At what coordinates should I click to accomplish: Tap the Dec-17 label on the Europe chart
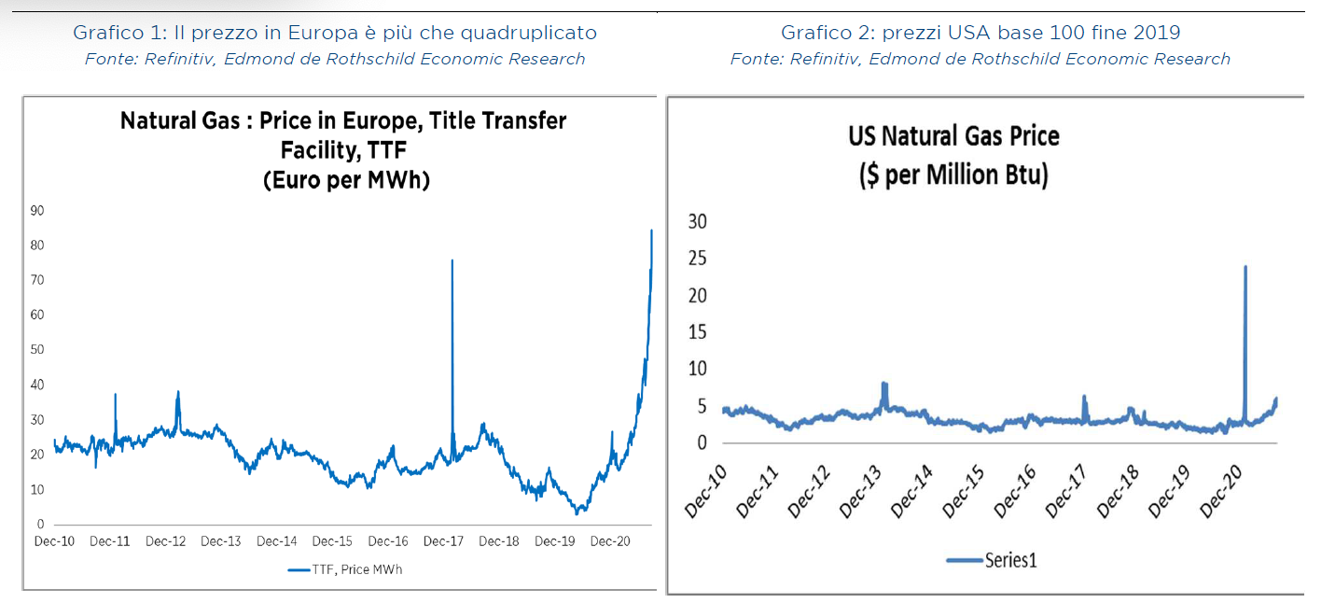pyautogui.click(x=443, y=541)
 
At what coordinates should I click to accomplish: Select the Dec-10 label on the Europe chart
pyautogui.click(x=55, y=541)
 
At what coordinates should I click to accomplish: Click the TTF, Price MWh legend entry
pyautogui.click(x=345, y=569)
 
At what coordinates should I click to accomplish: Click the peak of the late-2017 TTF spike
pyautogui.click(x=452, y=260)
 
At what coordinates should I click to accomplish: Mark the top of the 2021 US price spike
pyautogui.click(x=1245, y=267)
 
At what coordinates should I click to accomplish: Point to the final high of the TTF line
pyautogui.click(x=651, y=230)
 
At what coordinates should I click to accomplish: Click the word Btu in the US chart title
pyautogui.click(x=1027, y=175)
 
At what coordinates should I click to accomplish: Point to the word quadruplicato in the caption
pyautogui.click(x=537, y=33)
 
